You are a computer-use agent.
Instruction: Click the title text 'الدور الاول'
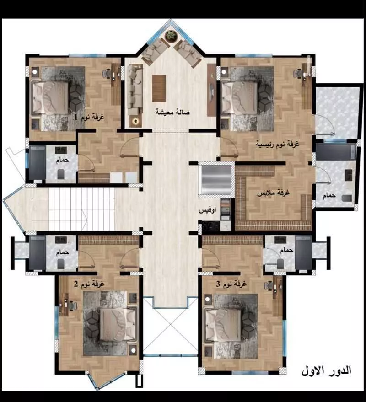pyautogui.click(x=327, y=370)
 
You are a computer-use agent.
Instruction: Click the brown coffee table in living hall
pyautogui.click(x=159, y=88)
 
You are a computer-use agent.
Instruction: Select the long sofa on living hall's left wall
pyautogui.click(x=135, y=89)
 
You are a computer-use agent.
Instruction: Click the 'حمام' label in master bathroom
pyautogui.click(x=329, y=195)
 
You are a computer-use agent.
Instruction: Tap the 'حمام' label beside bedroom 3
pyautogui.click(x=287, y=250)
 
